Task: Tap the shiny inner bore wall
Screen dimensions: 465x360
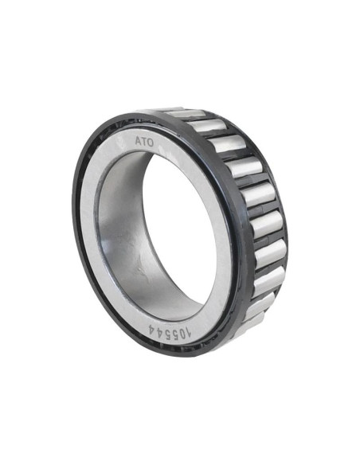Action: click(x=119, y=231)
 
